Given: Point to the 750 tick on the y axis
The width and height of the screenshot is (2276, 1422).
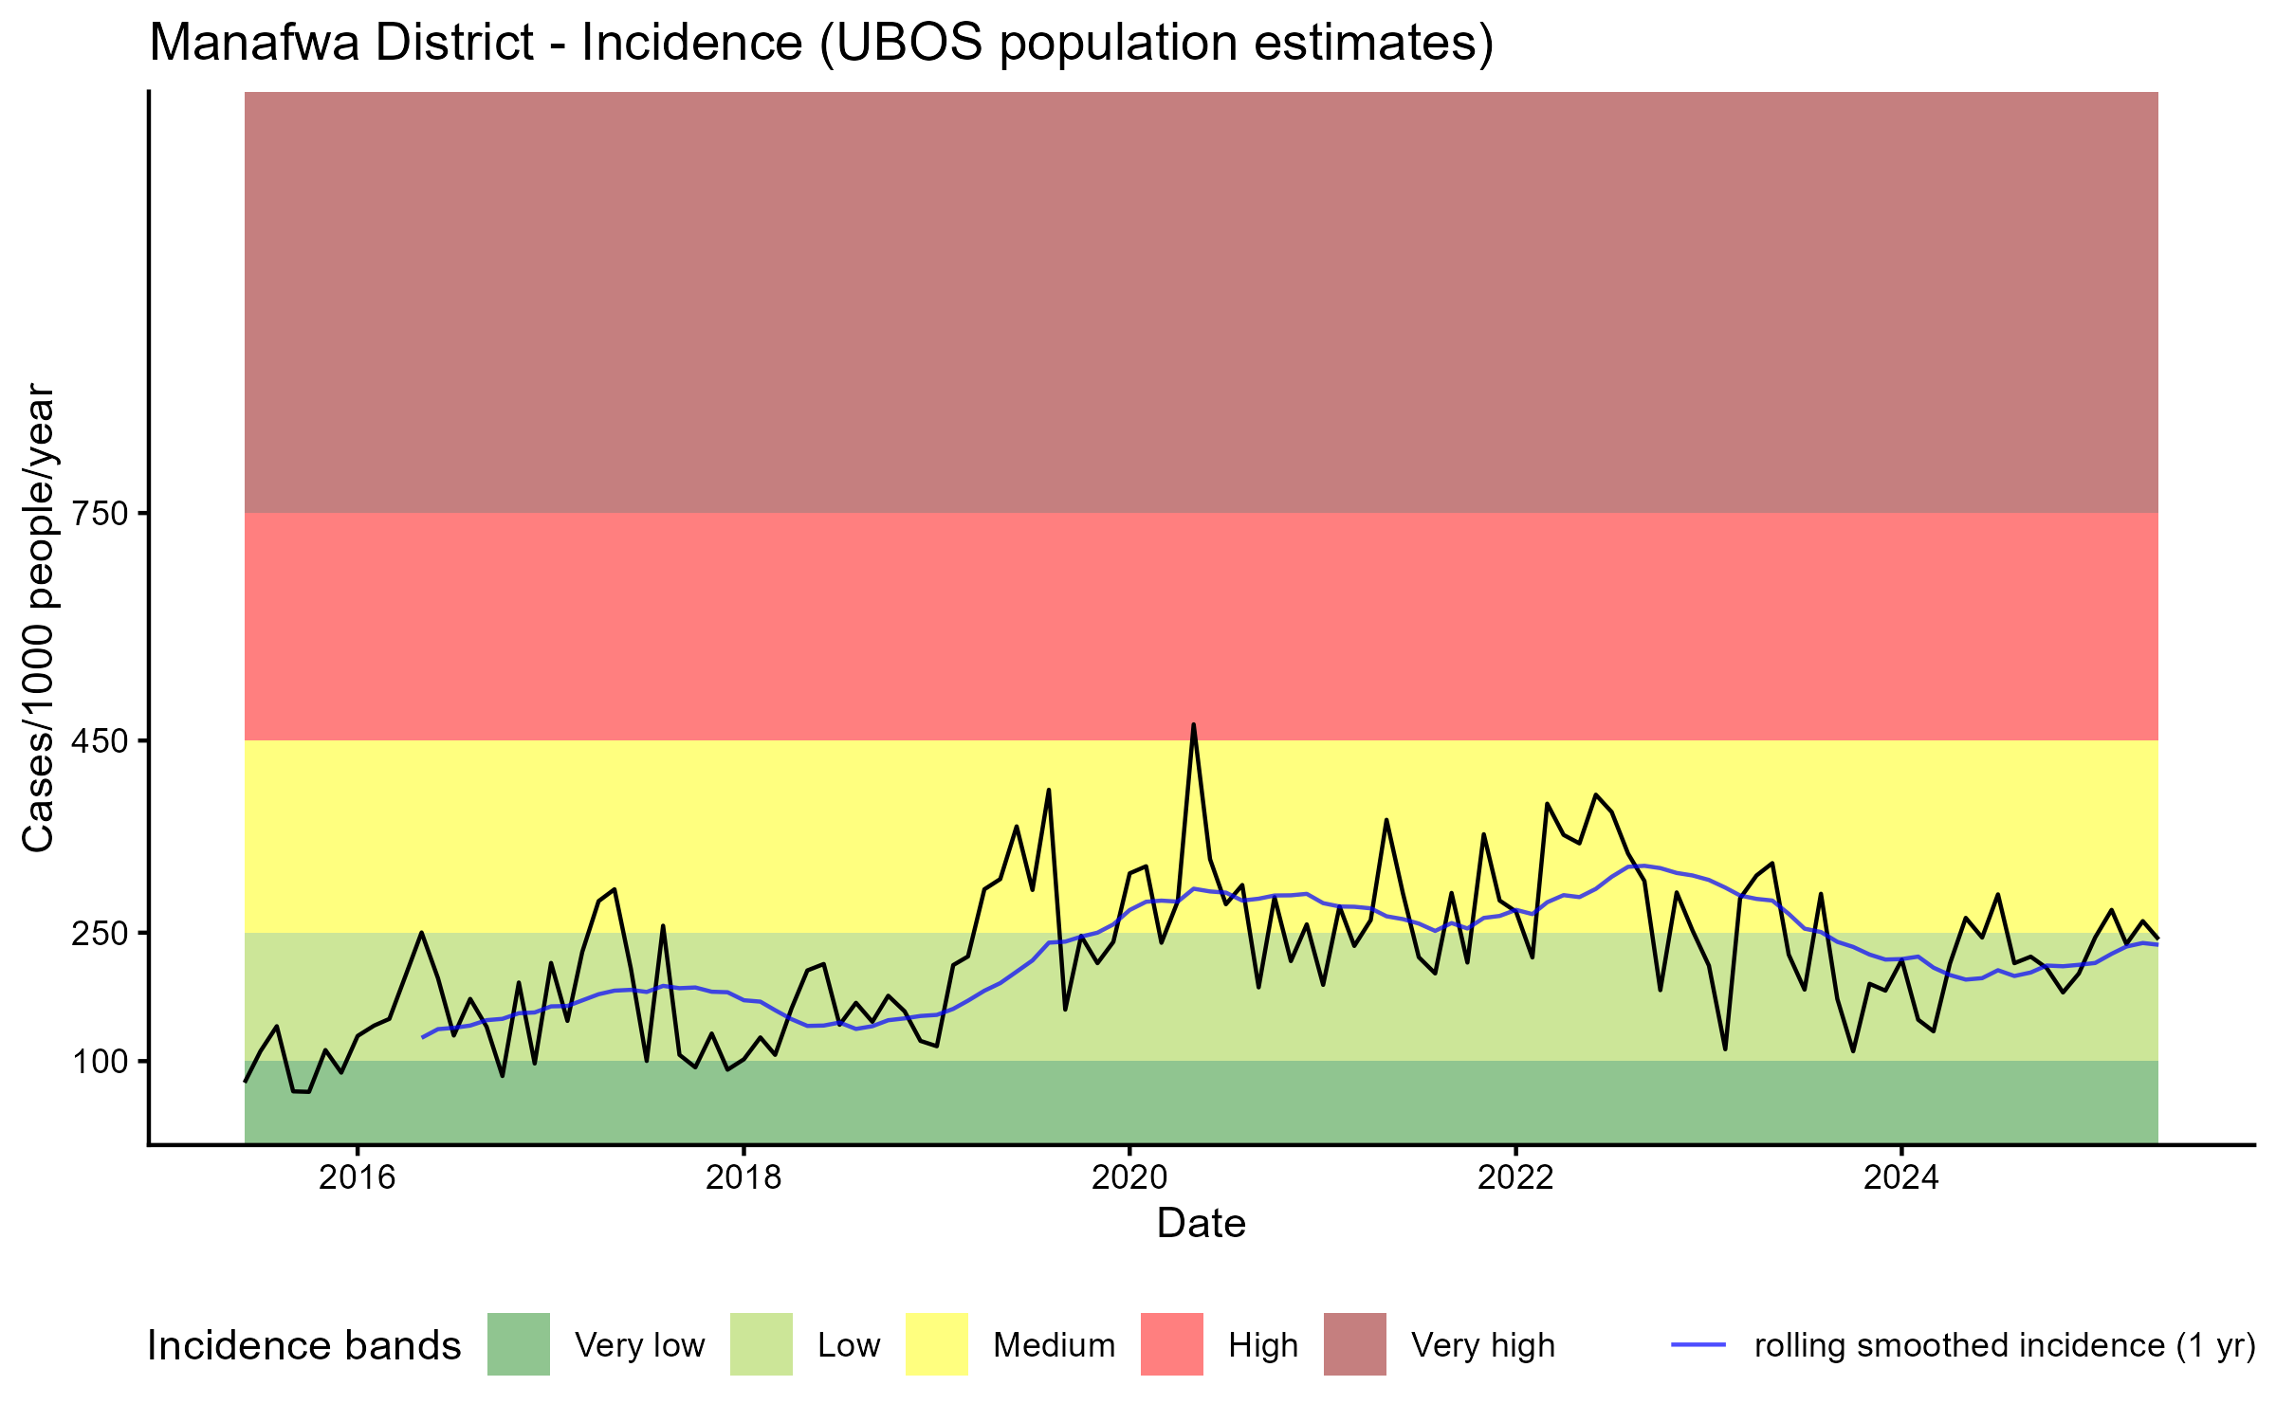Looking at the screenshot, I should [100, 514].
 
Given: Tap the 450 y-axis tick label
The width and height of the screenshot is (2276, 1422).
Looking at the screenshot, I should [100, 741].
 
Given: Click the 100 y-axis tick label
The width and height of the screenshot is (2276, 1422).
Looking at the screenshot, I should [100, 1062].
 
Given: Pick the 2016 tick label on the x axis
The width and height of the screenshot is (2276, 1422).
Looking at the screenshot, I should [357, 1177].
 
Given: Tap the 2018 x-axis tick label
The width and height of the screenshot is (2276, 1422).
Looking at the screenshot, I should [743, 1177].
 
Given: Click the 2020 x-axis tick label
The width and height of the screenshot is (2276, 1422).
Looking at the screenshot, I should [1129, 1177].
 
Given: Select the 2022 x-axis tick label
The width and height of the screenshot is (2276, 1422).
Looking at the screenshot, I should [1515, 1177].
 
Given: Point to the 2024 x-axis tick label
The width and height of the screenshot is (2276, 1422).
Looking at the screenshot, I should [1900, 1177].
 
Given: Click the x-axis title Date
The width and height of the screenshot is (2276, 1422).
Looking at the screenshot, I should [1201, 1224].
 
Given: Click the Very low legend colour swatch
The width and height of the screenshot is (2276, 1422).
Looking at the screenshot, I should [519, 1344].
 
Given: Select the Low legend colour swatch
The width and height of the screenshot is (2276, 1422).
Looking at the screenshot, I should [762, 1344].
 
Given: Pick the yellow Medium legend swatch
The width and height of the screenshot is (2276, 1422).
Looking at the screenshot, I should [937, 1344].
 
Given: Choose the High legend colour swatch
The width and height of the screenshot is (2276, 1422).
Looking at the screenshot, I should [1172, 1344].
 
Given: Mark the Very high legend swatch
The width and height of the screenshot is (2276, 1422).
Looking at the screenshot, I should [1355, 1344].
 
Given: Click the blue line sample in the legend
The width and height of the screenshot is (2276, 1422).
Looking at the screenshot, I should [1698, 1344].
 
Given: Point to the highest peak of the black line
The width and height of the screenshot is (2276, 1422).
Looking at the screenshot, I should [1193, 725].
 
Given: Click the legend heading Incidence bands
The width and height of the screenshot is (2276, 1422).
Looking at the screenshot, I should [303, 1346].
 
